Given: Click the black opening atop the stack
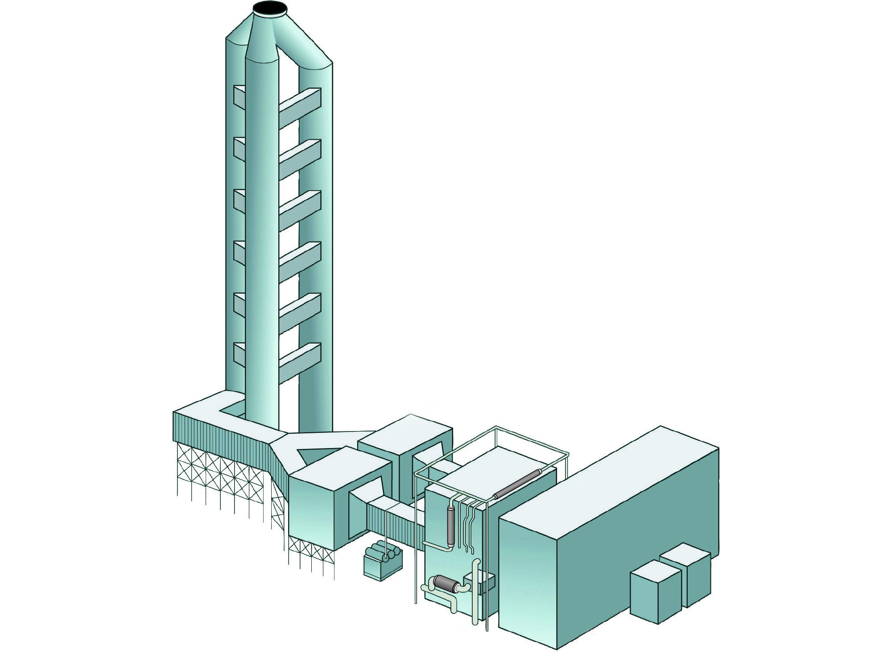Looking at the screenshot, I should tap(270, 8).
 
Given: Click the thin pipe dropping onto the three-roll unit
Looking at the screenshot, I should tap(384, 536).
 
